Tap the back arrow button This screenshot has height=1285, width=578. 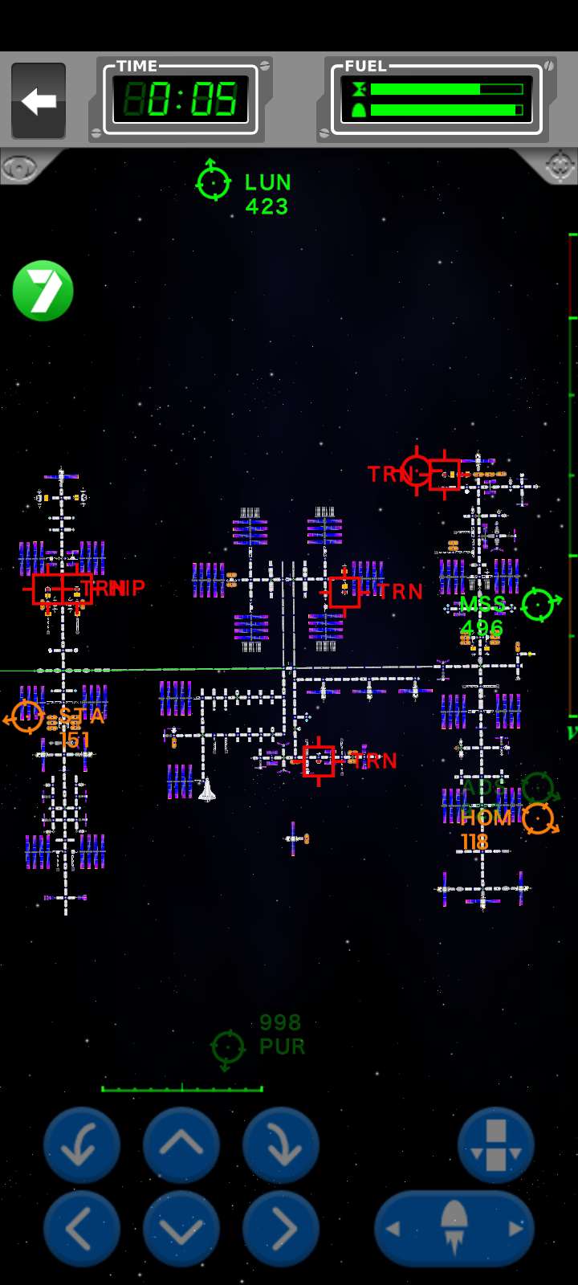click(x=39, y=101)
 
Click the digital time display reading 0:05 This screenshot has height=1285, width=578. click(x=181, y=100)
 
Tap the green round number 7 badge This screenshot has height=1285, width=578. click(x=43, y=291)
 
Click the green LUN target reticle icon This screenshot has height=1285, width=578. click(x=214, y=181)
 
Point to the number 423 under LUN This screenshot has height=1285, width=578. click(x=267, y=207)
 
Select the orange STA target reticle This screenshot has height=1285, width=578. click(x=26, y=716)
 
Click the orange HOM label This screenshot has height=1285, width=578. click(x=486, y=818)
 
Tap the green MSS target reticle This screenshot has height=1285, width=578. click(x=539, y=604)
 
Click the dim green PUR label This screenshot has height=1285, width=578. click(x=282, y=1047)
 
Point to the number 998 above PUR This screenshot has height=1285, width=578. click(x=280, y=1022)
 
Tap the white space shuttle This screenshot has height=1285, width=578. click(x=207, y=790)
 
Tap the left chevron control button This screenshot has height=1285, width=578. click(x=81, y=1229)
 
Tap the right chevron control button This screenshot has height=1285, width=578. click(x=280, y=1229)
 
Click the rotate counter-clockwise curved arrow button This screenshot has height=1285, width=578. click(x=81, y=1144)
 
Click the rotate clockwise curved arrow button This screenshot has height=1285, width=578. click(x=280, y=1144)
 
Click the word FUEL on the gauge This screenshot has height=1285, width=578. click(x=366, y=67)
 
